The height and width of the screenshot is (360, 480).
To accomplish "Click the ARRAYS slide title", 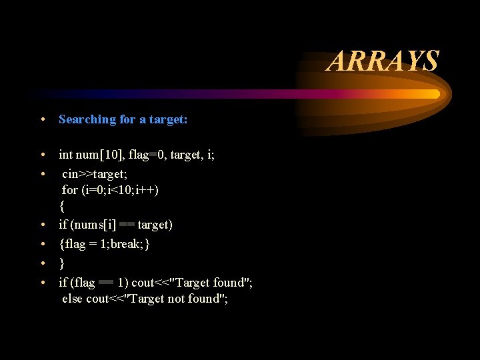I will pos(383,61).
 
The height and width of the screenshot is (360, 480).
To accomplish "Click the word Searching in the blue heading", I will pos(87,120).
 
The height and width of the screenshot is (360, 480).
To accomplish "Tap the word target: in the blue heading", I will pos(168,120).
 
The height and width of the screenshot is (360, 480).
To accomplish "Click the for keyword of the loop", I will pos(69,190).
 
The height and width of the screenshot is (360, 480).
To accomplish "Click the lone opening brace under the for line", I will pos(62,207).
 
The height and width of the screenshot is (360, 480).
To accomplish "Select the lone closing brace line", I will pos(62,263).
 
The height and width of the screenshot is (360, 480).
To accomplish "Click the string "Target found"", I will pos(217,282).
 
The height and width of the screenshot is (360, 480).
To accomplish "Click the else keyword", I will pos(73,299).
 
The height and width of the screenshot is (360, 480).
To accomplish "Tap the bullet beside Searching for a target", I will pos(42,120).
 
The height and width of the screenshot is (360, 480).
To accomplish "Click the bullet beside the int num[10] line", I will pos(42,155).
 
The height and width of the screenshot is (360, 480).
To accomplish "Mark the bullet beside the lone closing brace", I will pos(42,263).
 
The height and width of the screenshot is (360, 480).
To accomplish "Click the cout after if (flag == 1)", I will pos(143,282).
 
